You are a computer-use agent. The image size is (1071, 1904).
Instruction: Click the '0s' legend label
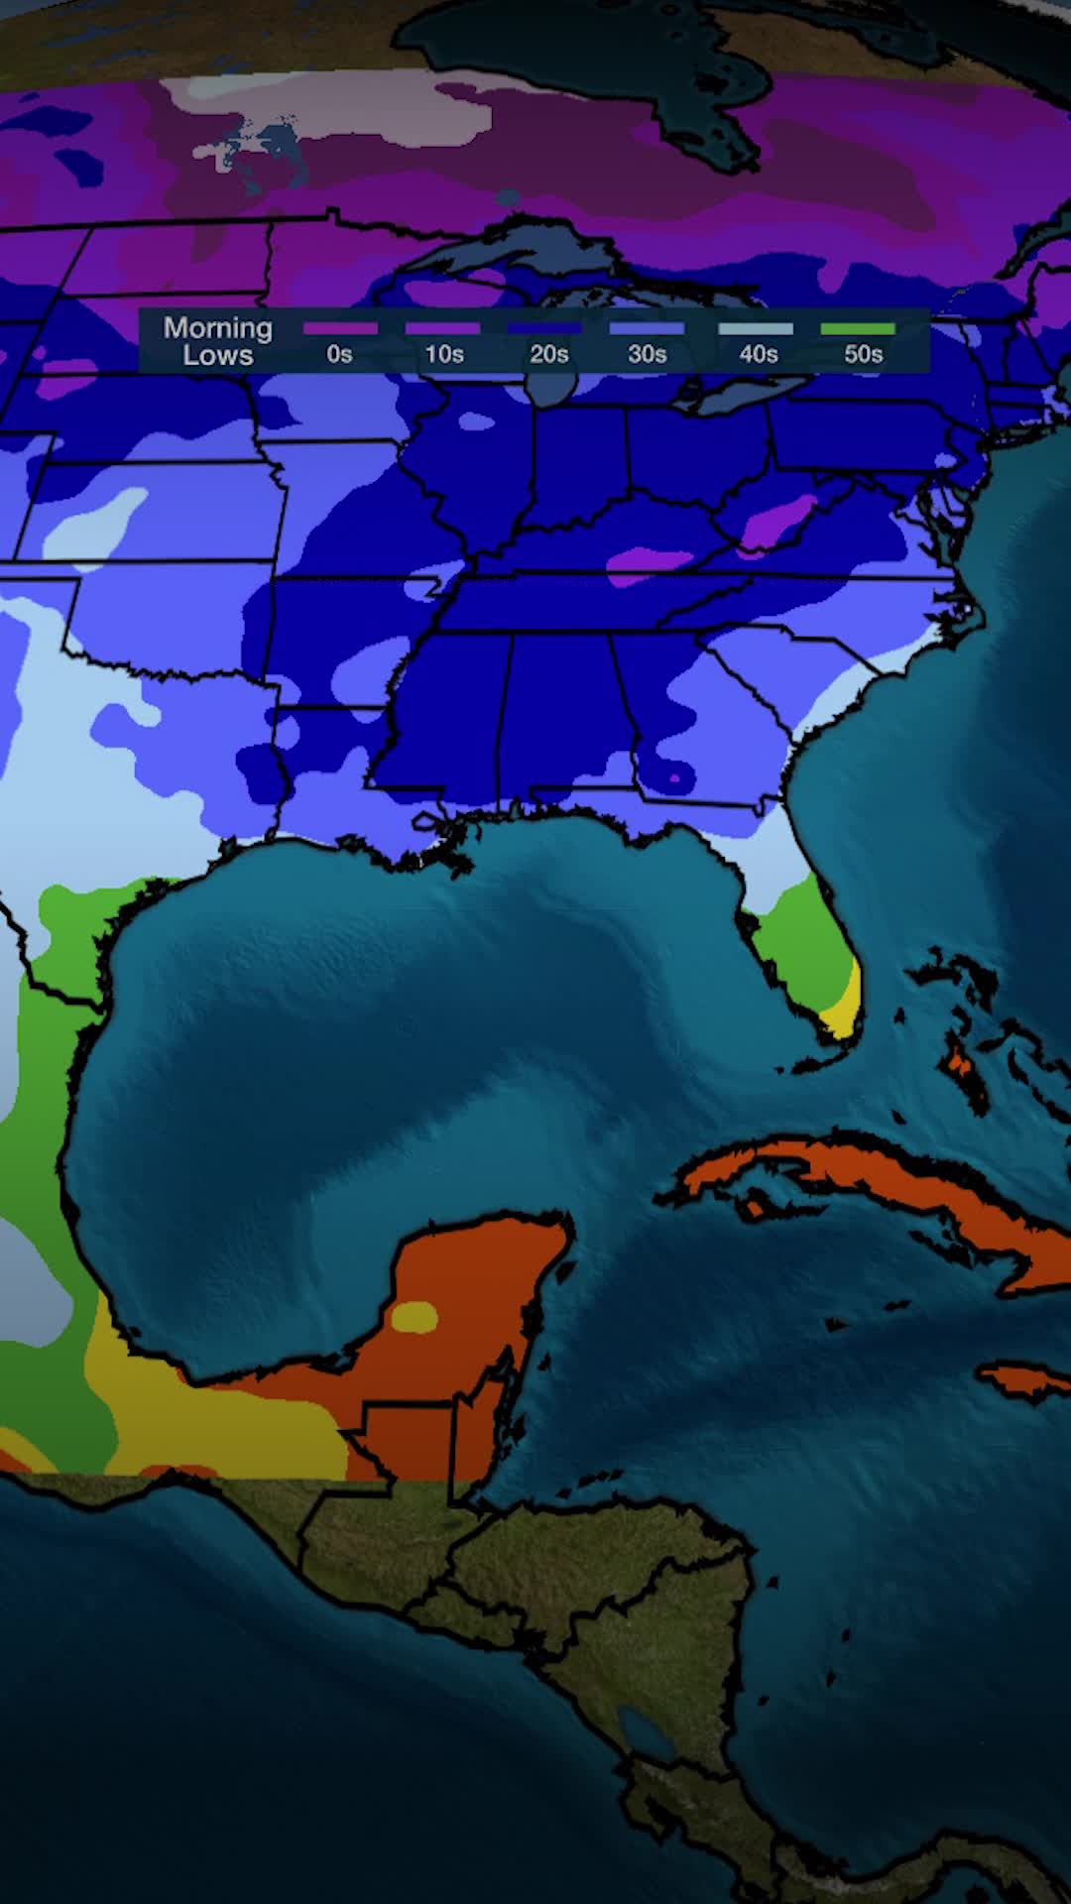339,354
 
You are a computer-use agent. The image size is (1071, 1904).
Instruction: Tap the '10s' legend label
443,354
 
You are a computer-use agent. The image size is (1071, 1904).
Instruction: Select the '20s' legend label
548,354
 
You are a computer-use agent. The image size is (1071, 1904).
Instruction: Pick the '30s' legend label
647,354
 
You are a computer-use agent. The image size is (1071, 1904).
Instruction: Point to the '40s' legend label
758,354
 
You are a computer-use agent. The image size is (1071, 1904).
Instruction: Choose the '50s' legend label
863,354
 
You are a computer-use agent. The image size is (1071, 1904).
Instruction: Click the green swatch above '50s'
858,328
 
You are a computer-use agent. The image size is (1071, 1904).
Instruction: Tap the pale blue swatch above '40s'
756,328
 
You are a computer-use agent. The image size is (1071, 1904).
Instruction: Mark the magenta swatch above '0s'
340,328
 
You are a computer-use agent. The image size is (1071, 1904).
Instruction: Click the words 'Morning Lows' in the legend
218,341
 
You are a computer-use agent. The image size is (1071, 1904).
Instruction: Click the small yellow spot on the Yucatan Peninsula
415,1317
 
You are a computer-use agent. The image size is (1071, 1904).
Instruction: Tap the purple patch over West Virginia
778,521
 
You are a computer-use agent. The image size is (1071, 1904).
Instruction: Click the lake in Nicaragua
646,1730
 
